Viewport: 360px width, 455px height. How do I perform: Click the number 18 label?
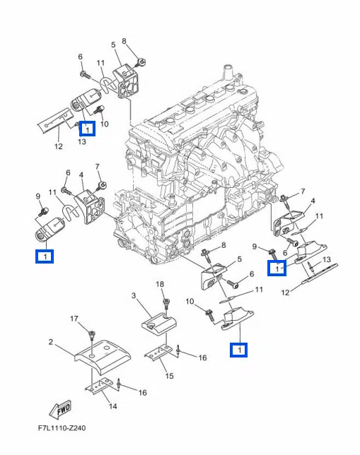coord(160,284)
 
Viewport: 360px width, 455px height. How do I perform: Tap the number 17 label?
coord(74,319)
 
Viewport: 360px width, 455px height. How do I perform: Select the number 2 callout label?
coord(51,342)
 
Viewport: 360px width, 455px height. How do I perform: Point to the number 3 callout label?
coord(134,296)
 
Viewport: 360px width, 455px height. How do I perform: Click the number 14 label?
coord(112,406)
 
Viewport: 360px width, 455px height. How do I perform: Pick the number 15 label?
coord(169,376)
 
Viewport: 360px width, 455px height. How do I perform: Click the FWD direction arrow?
coord(60,410)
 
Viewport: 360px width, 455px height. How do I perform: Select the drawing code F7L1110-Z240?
coord(62,428)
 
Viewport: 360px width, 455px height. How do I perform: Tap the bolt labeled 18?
coord(166,305)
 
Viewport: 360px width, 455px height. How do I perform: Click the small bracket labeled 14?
coord(99,386)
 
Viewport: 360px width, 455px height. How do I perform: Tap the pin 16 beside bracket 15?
coord(178,351)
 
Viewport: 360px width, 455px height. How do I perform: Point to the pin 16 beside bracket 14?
coord(119,384)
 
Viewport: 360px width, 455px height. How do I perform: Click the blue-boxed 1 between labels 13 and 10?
coord(88,129)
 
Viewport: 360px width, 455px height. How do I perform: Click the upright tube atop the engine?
coord(228,72)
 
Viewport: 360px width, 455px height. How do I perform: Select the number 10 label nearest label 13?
coord(104,124)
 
